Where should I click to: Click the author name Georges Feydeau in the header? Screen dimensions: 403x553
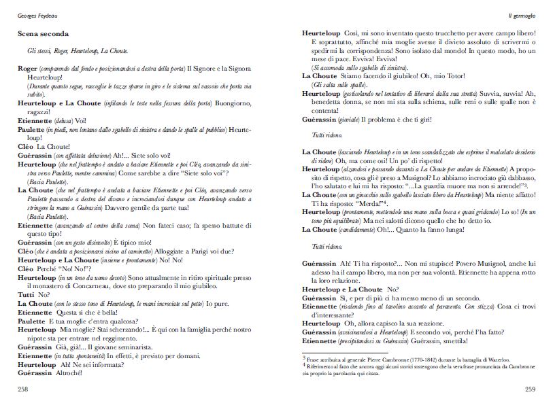pyautogui.click(x=38, y=14)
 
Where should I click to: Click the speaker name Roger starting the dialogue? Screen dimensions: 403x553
pyautogui.click(x=28, y=69)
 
